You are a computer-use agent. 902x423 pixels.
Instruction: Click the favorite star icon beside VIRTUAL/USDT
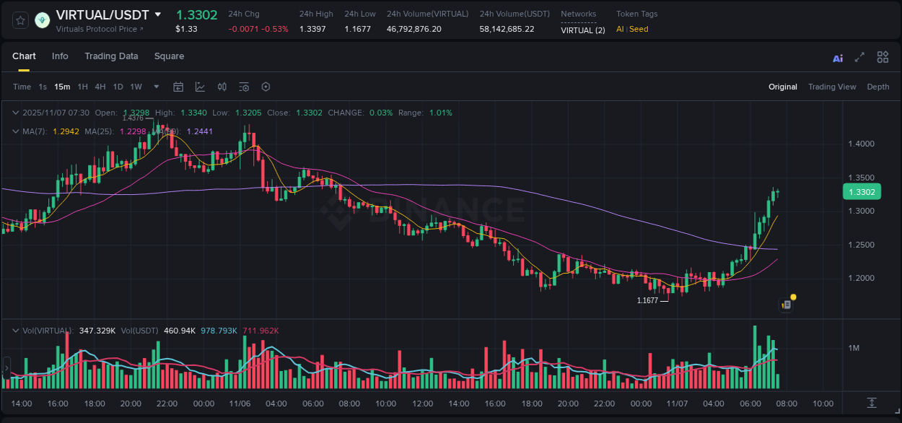coord(21,20)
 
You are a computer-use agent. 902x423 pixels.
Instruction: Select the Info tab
coord(60,56)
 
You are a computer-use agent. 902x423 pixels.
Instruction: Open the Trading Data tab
coord(111,56)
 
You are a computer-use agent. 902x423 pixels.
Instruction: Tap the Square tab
coord(169,56)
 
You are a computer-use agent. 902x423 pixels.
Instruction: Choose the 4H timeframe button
coord(100,87)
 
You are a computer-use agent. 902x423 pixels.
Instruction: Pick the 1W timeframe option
coord(136,87)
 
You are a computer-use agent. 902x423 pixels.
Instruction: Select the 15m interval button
coord(63,87)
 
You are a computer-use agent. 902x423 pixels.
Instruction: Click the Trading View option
coord(832,87)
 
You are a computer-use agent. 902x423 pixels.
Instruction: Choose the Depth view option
coord(878,87)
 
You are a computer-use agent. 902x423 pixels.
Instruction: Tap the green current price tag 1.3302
coord(862,192)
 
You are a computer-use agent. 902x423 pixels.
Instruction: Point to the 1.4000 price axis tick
coord(861,144)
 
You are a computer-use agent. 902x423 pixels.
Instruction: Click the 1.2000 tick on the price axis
coord(861,278)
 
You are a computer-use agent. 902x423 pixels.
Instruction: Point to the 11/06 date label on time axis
coord(240,404)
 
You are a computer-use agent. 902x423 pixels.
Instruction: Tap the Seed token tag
coord(639,29)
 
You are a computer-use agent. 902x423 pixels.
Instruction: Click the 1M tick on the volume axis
coord(854,349)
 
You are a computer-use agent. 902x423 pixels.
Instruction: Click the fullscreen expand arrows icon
coord(859,57)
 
